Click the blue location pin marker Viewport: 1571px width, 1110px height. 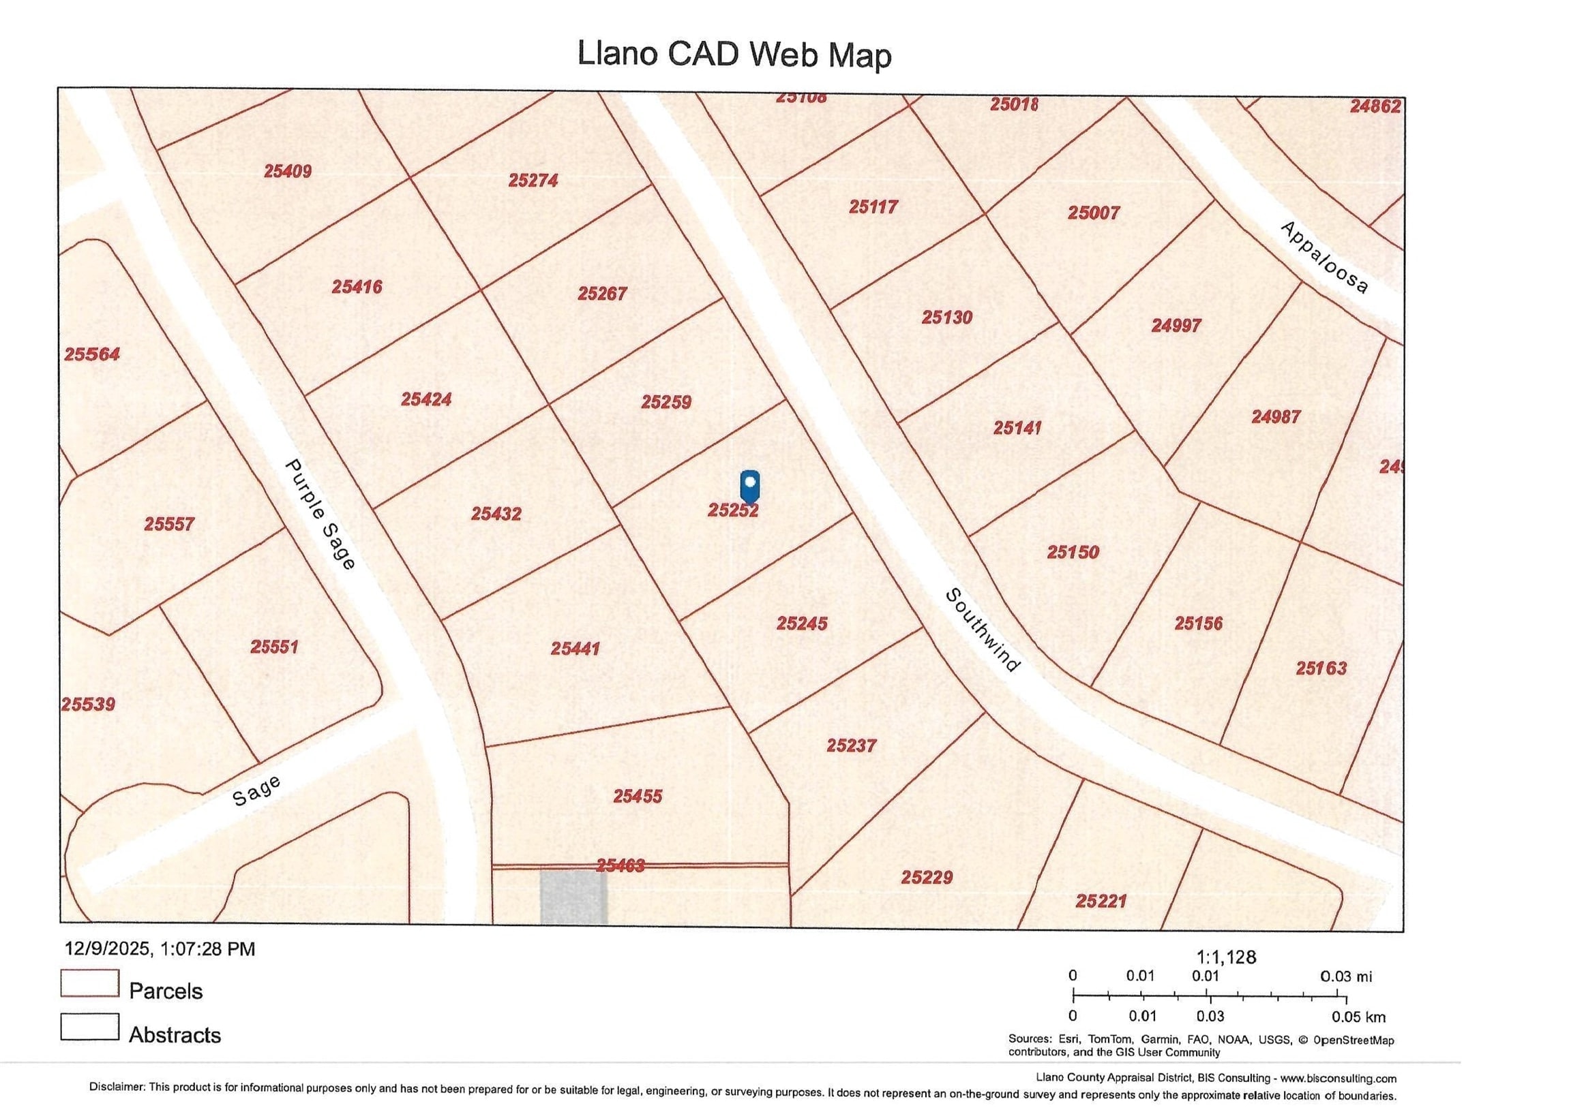click(750, 486)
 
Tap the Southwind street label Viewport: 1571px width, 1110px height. click(983, 630)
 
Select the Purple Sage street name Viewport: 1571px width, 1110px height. click(320, 514)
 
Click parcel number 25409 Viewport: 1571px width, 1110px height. click(287, 171)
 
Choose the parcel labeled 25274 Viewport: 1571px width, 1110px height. click(533, 181)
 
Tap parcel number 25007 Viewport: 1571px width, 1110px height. click(1094, 213)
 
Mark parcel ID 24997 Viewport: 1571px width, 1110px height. click(1176, 326)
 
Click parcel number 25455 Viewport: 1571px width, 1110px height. click(637, 796)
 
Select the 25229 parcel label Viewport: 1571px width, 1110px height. click(927, 878)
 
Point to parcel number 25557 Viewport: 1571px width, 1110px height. click(169, 525)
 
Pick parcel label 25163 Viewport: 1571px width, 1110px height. click(1321, 668)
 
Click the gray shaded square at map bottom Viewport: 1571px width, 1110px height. click(573, 897)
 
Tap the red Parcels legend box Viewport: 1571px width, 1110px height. click(89, 983)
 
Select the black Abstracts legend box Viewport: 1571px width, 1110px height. click(89, 1027)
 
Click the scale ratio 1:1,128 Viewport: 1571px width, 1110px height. click(1225, 957)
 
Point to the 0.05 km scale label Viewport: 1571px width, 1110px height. click(1358, 1017)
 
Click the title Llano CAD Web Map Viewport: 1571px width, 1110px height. click(734, 54)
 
